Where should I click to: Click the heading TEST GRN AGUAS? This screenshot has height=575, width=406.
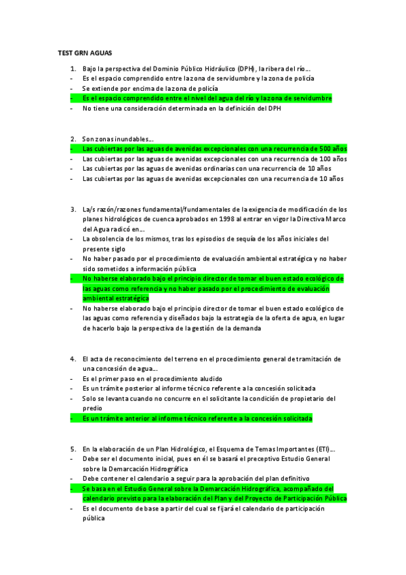(x=85, y=52)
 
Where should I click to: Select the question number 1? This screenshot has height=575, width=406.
(x=73, y=68)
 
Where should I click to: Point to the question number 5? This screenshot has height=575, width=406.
(x=73, y=449)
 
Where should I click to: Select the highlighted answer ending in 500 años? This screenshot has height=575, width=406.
(x=214, y=148)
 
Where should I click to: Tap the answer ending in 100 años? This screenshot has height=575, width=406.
(x=214, y=159)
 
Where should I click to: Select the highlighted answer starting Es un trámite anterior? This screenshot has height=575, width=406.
(x=197, y=419)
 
